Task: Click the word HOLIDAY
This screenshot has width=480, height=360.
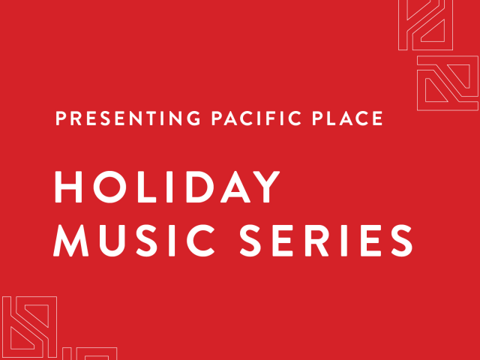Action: [x=167, y=187]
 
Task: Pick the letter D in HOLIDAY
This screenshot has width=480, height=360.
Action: [x=186, y=187]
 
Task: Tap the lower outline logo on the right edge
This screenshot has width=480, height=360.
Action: [x=447, y=82]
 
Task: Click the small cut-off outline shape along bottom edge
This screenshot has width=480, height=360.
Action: [x=89, y=353]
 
